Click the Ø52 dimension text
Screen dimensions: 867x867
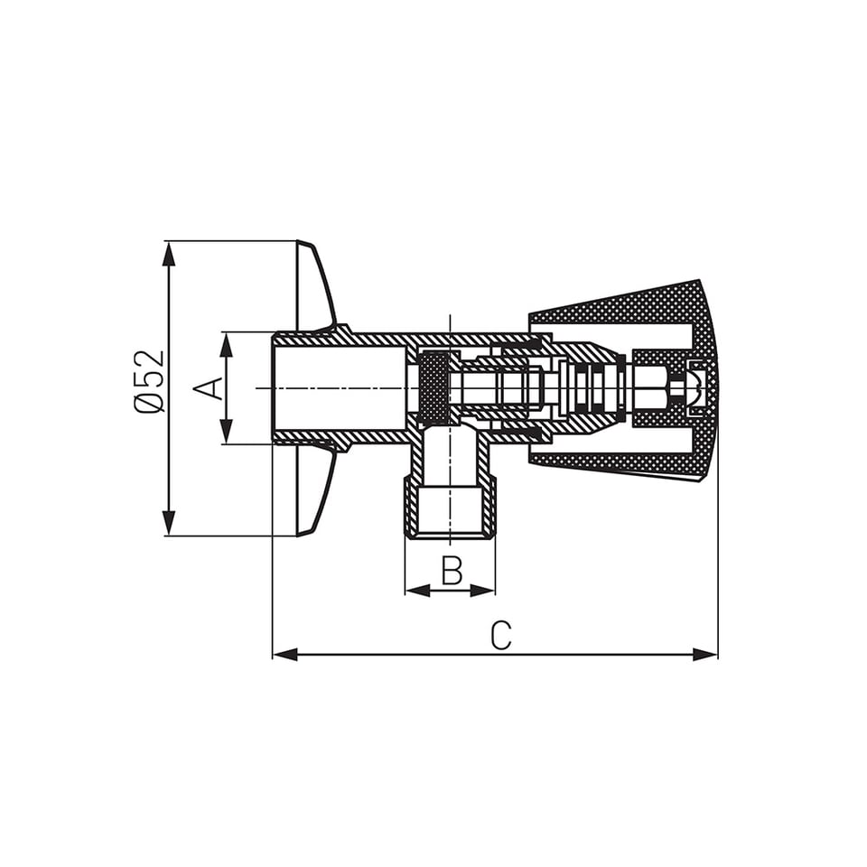pos(150,381)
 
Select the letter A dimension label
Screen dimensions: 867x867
pos(210,387)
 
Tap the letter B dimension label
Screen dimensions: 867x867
pos(452,570)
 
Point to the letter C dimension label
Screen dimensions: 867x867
pos(501,635)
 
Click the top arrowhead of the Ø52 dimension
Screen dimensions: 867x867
pos(168,254)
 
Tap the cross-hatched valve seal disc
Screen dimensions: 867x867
pos(434,388)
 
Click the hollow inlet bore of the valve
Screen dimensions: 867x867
pos(339,388)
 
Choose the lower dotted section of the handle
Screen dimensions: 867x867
pos(623,464)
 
